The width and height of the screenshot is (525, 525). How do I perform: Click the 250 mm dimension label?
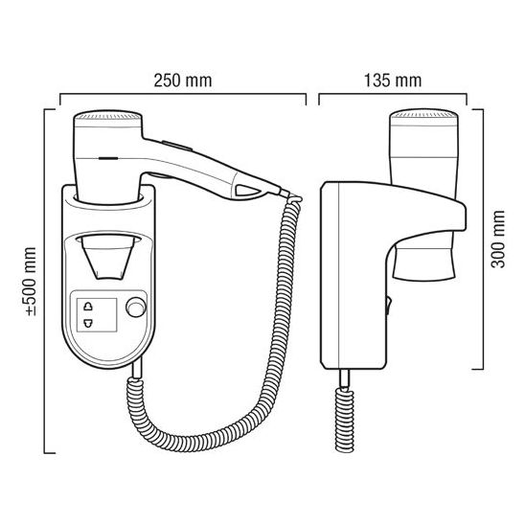click(183, 80)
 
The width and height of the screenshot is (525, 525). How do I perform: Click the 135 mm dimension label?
click(393, 80)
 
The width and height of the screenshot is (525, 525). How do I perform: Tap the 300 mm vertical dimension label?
click(498, 240)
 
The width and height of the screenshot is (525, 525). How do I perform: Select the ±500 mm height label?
click(31, 282)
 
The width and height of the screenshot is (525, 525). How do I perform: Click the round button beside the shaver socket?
click(136, 307)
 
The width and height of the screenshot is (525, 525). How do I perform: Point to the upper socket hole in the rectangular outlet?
click(88, 306)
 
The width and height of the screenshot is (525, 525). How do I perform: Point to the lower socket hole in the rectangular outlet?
click(88, 323)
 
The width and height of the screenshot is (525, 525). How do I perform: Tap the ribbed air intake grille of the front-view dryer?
click(108, 116)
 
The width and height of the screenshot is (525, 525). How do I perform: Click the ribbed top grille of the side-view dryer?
click(423, 115)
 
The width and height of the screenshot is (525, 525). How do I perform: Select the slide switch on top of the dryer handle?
click(177, 146)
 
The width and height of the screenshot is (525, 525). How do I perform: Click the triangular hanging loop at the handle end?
click(248, 191)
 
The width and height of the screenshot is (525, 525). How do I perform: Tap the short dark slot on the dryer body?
click(108, 158)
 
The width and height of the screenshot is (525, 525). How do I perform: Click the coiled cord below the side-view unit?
click(344, 420)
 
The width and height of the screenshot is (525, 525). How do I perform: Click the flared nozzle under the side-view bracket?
click(424, 262)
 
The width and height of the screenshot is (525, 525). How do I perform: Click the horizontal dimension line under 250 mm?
click(183, 95)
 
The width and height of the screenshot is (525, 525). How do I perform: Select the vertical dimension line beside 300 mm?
click(483, 240)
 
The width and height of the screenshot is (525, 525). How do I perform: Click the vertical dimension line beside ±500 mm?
click(45, 282)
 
